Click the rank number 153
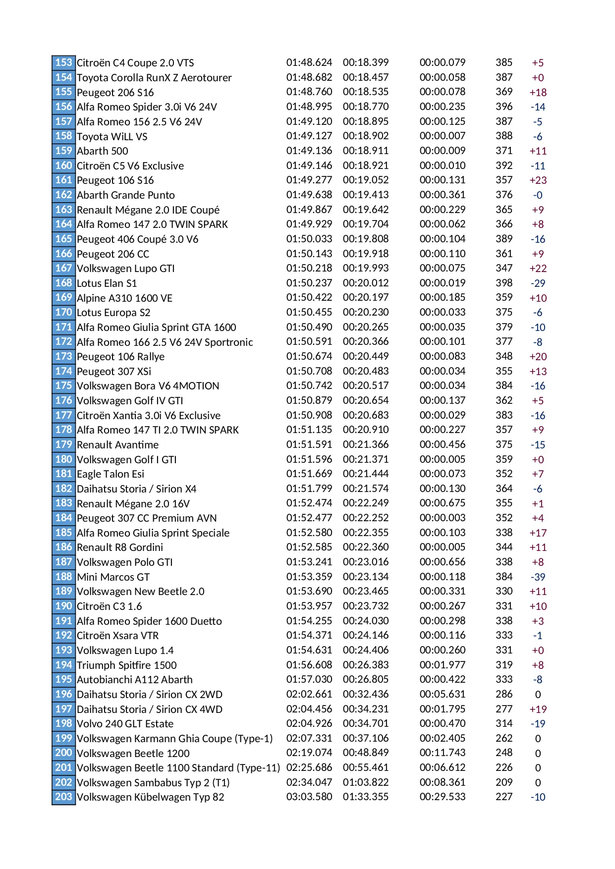[63, 62]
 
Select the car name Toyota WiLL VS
[112, 136]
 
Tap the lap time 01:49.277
[309, 180]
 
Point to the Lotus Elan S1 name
[107, 283]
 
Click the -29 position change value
[538, 283]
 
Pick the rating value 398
[503, 283]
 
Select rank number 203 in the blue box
[63, 797]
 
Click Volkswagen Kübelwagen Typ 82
[150, 797]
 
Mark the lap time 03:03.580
[309, 797]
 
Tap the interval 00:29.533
[442, 797]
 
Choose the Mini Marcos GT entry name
[113, 577]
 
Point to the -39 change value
[538, 577]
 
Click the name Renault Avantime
[117, 445]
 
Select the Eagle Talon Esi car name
[111, 474]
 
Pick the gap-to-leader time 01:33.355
[365, 797]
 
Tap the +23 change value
[538, 180]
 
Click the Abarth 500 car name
[102, 151]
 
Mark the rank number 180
[63, 459]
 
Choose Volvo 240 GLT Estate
[125, 724]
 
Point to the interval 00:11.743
[442, 753]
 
